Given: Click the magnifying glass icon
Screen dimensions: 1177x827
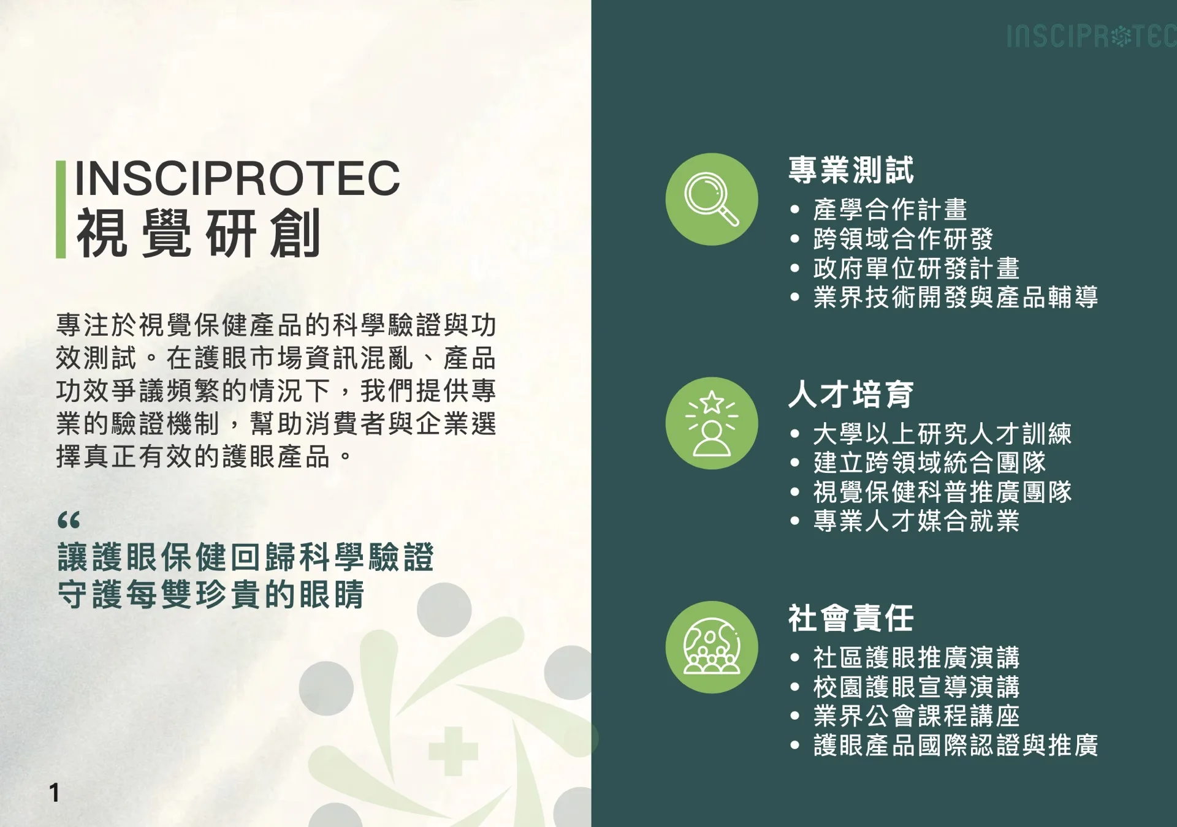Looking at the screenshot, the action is click(x=711, y=199).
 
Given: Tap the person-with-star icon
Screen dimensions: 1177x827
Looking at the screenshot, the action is click(x=711, y=423).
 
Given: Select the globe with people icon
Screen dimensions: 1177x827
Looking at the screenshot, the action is click(x=711, y=647).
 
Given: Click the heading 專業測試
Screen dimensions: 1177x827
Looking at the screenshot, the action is click(x=851, y=170).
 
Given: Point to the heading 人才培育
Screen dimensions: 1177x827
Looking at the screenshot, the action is click(x=851, y=394).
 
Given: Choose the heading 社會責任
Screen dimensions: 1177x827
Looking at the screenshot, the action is click(x=851, y=617).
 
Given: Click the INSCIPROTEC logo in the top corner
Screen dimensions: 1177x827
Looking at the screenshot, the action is click(x=1091, y=36).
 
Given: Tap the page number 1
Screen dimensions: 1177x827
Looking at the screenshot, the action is click(x=55, y=793).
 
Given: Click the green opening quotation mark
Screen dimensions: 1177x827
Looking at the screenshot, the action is click(x=69, y=520).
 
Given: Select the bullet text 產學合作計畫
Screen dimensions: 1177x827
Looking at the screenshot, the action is click(x=890, y=210).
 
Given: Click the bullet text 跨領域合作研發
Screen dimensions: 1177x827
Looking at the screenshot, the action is click(x=903, y=239).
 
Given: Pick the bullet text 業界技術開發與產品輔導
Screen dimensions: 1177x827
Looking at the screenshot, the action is click(x=956, y=297).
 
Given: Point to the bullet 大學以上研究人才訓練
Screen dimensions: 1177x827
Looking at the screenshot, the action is click(x=942, y=434).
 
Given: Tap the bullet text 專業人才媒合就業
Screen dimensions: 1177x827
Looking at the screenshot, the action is click(x=916, y=521).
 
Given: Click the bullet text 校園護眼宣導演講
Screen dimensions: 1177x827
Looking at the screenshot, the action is click(x=916, y=687).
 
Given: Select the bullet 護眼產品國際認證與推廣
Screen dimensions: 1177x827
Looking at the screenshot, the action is click(x=956, y=745).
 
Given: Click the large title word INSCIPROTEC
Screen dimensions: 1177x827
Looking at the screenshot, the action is click(x=237, y=178).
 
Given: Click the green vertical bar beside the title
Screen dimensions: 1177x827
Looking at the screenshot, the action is click(x=61, y=210).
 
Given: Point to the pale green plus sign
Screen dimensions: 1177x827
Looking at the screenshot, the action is click(x=453, y=751).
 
